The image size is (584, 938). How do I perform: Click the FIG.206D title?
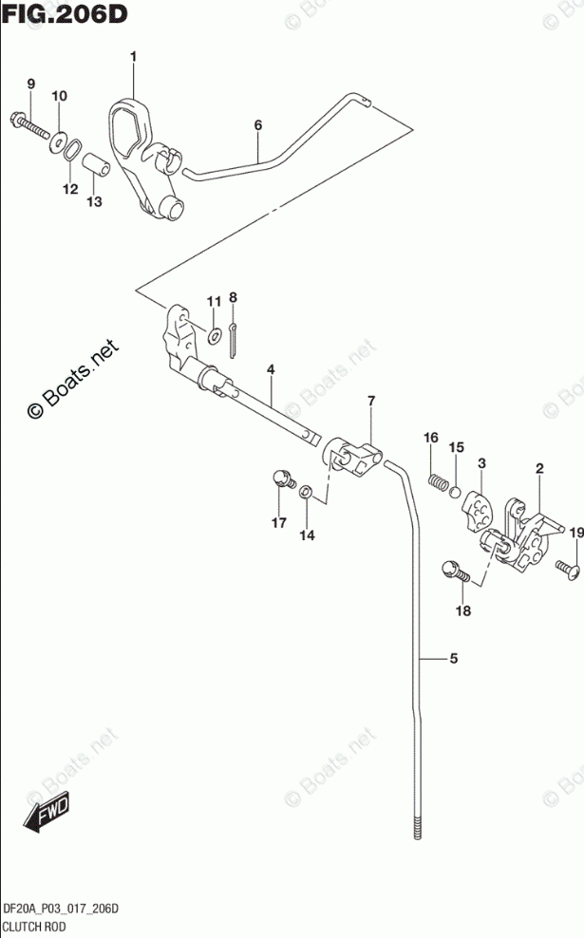[65, 15]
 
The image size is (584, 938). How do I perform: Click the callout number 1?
[133, 58]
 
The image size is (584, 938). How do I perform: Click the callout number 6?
[256, 124]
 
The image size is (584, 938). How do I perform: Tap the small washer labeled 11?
[215, 333]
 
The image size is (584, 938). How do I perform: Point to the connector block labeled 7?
[354, 458]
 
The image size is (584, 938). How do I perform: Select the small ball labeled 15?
[456, 492]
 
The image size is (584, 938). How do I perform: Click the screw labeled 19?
[566, 569]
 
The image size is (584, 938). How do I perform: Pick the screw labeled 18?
[454, 572]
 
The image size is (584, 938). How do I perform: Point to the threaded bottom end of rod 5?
[417, 825]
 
